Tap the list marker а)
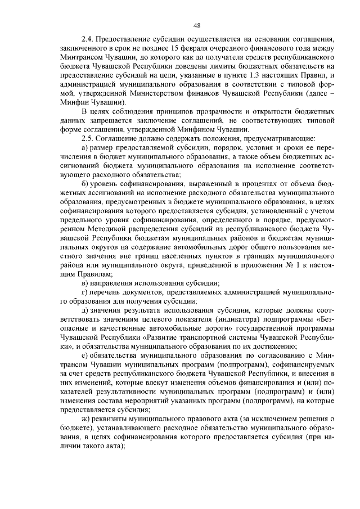click(85, 147)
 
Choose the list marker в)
click(85, 282)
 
